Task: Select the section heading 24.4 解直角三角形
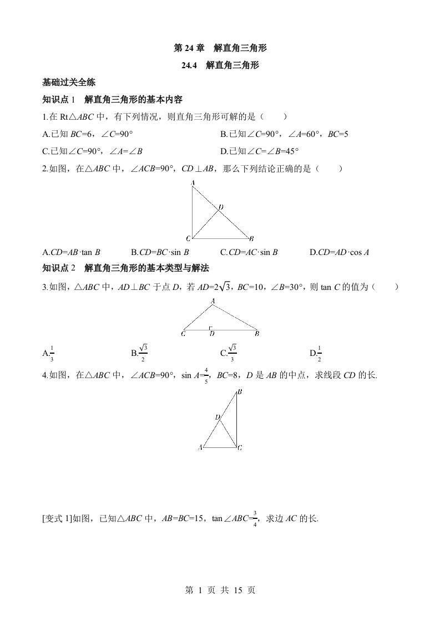pos(220,65)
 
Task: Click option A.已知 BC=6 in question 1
pos(88,134)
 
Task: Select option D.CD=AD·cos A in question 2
pos(339,252)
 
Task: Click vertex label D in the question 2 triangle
pos(220,207)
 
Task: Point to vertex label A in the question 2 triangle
pos(192,182)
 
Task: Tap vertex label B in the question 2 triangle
pos(251,239)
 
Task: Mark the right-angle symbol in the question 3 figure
pos(210,328)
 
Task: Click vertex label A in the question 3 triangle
pos(213,301)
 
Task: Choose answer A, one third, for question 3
pos(49,353)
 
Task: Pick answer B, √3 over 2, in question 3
pos(139,352)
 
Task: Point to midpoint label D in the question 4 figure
pos(218,417)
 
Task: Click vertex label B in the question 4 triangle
pos(239,391)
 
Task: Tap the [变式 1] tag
pos(57,519)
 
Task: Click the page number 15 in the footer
pos(235,590)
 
